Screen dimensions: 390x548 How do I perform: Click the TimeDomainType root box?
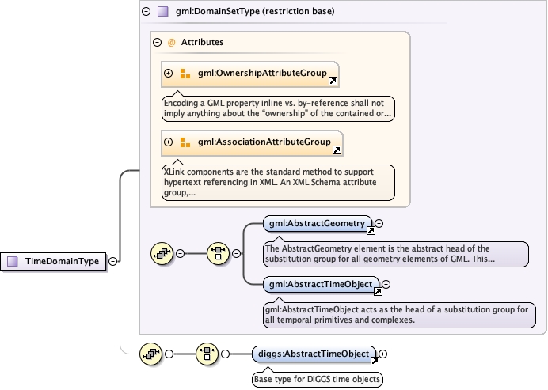55,260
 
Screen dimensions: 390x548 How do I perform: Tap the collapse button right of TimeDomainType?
112,260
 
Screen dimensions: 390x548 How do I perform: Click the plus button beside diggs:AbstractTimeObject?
382,354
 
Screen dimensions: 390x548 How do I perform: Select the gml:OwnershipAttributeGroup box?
250,74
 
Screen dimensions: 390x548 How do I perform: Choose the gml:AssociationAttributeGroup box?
252,142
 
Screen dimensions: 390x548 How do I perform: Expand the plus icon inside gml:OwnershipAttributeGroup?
168,74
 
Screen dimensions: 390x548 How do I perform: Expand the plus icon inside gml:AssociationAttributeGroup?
168,142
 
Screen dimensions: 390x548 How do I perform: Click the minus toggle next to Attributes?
157,42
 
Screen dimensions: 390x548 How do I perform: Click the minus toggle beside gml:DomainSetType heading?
145,12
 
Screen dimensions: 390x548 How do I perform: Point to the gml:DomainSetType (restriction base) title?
243,12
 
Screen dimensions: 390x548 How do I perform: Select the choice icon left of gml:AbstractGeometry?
218,253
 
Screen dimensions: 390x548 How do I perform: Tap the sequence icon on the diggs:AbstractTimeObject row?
150,354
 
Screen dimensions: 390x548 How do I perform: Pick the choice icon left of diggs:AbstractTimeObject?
207,354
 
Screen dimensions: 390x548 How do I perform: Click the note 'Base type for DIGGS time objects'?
317,379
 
